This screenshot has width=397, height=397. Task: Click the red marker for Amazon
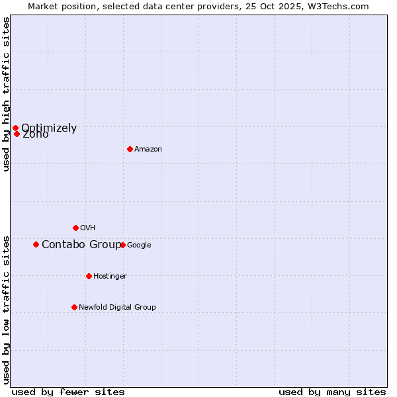(130, 149)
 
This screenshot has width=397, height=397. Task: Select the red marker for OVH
(75, 228)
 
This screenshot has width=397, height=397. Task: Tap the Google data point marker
(122, 245)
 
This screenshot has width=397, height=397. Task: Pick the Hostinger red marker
(89, 276)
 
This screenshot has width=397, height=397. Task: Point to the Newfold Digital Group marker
(74, 307)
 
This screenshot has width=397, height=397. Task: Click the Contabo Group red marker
(36, 244)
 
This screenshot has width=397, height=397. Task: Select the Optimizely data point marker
(15, 128)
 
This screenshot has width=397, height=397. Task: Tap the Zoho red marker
(17, 134)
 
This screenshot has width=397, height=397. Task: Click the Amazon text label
(148, 150)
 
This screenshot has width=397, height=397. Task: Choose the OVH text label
(88, 228)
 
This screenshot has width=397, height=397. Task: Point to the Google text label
(139, 245)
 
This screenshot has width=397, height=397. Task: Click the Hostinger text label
(110, 277)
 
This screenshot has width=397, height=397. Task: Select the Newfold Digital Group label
(117, 308)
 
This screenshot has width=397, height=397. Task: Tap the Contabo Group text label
(81, 245)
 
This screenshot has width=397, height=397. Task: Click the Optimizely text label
(49, 128)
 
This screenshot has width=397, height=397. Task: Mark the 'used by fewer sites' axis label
(68, 392)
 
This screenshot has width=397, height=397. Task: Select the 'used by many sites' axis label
(332, 392)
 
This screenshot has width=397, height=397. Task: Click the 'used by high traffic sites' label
(6, 94)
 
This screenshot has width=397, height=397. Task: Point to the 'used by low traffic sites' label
(6, 310)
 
